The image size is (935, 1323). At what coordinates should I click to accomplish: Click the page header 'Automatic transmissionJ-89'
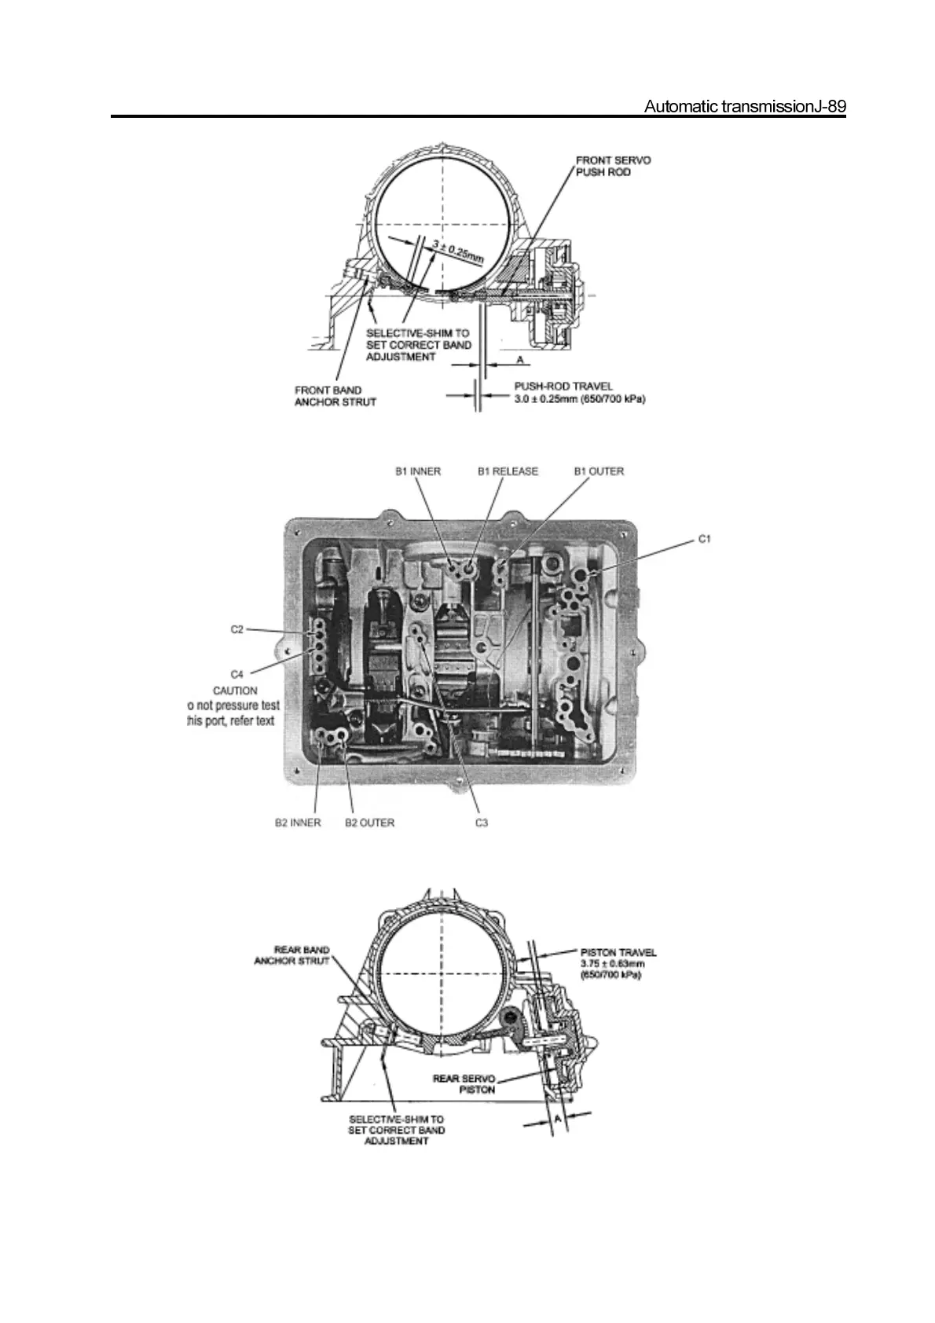744,107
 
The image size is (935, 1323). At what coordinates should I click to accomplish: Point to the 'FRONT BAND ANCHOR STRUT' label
335,396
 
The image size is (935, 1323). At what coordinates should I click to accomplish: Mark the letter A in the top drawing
519,359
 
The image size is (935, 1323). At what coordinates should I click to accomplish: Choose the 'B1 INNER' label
417,471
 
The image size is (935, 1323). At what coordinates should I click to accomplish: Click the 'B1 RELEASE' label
508,471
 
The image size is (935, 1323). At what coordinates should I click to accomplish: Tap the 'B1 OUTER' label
599,471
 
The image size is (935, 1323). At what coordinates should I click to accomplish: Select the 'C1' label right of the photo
704,540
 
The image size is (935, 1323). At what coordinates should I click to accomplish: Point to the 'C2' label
237,629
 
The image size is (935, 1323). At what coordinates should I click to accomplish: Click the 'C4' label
237,674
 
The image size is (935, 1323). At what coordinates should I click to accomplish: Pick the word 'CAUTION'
235,691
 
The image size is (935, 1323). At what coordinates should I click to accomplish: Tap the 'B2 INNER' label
298,823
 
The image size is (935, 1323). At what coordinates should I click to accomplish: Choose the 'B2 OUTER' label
370,823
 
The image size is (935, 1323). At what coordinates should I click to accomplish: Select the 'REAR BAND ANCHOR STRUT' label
291,955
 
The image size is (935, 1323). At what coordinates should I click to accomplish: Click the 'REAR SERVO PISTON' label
464,1083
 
